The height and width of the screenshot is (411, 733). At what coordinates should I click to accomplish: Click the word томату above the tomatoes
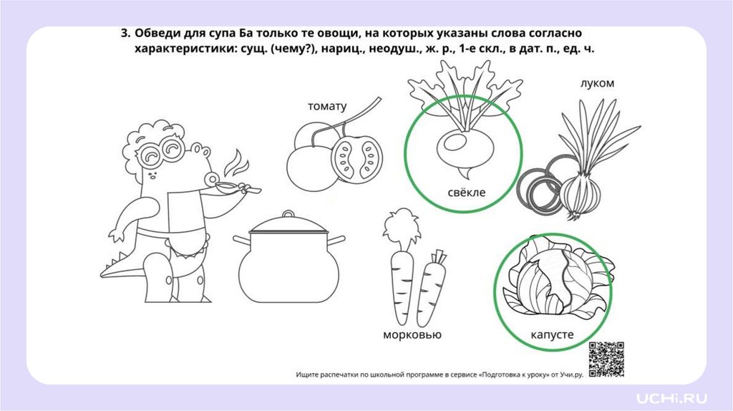point(327,107)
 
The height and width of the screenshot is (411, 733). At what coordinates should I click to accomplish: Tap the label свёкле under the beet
point(467,192)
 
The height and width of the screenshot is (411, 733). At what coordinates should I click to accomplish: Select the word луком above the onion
point(597,83)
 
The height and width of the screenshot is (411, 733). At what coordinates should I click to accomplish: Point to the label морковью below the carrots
point(412,335)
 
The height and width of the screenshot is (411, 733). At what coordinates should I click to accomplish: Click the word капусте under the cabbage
point(552,335)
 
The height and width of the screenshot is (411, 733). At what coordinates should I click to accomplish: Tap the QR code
point(606,359)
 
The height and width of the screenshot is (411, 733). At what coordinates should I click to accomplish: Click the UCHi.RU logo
point(671,398)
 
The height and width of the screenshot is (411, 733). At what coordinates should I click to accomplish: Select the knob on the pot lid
point(288,215)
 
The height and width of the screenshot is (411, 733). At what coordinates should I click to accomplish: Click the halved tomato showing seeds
point(356,159)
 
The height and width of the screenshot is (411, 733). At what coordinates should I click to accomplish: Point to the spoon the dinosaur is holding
point(236,188)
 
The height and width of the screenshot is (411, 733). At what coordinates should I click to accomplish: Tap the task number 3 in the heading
point(125,34)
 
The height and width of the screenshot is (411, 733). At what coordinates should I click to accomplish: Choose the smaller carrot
point(430,288)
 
